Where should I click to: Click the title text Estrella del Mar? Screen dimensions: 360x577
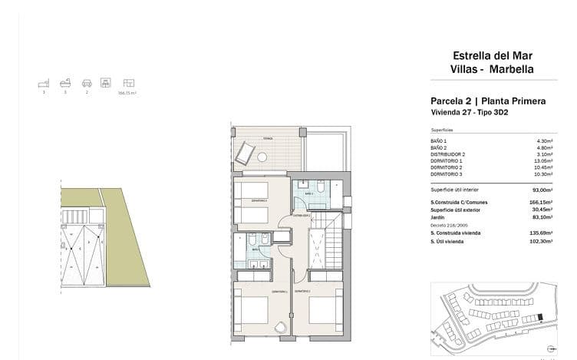[493, 55]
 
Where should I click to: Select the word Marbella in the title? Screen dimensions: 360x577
[513, 69]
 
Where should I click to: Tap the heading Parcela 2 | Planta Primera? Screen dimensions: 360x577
[488, 101]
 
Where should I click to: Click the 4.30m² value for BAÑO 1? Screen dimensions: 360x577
[545, 141]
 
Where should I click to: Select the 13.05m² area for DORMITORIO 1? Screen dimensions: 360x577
[543, 160]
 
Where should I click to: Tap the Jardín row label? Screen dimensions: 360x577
[437, 216]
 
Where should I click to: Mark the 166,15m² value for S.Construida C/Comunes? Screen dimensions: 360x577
[542, 203]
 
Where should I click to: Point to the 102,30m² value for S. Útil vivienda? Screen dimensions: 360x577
[542, 242]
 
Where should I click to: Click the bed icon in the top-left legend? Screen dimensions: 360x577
[44, 81]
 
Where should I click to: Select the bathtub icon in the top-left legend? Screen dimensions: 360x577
[66, 81]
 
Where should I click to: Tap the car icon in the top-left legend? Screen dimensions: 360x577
[87, 81]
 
